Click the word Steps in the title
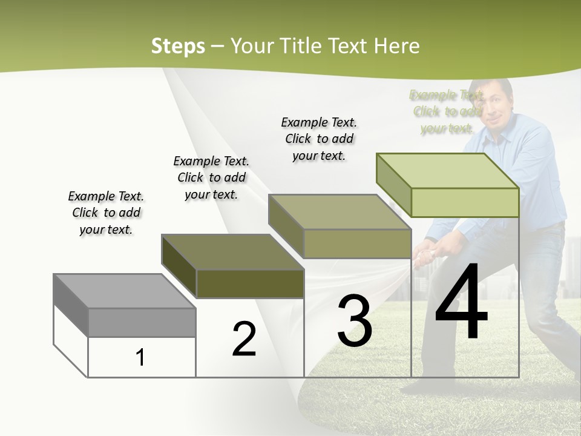click(178, 46)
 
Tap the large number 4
click(461, 303)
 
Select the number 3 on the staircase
click(355, 321)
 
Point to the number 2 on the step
click(244, 340)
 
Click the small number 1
click(140, 358)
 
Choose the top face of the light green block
click(447, 171)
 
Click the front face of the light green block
click(465, 202)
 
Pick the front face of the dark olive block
click(250, 283)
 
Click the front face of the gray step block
click(142, 322)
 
